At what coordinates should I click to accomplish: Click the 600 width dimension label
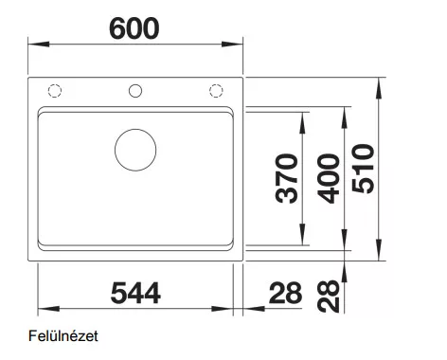pos(134,28)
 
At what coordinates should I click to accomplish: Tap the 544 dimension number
pos(135,294)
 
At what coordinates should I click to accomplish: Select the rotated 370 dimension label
pos(287,178)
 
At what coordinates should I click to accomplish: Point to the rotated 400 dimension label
pos(329,178)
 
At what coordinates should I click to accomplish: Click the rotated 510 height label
pos(363,169)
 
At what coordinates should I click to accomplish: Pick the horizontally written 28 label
pos(285,294)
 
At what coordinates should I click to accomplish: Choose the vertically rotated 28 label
pos(329,297)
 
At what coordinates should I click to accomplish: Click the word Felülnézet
pos(63,336)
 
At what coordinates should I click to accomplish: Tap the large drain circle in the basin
pos(135,150)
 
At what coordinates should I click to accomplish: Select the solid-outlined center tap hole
pos(135,91)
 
